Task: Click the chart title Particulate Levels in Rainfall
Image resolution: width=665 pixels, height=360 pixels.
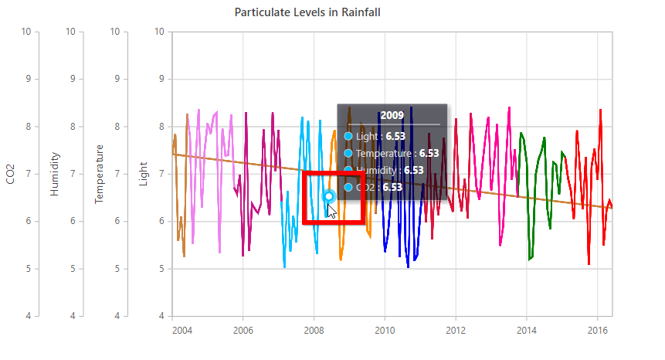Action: pos(307,12)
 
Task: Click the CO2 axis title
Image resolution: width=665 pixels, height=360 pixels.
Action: pos(10,174)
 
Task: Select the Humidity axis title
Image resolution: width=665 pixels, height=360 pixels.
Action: pos(55,174)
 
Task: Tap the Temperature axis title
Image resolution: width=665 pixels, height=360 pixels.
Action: pos(100,174)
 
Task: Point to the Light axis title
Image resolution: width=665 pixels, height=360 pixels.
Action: pos(144,174)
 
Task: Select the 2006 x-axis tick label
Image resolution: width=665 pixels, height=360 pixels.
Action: pos(243,330)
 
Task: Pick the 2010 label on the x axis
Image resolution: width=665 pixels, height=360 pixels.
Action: pos(385,330)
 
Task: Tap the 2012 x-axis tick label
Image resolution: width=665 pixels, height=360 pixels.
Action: pos(456,330)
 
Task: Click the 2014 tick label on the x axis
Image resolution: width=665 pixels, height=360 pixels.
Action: pos(527,330)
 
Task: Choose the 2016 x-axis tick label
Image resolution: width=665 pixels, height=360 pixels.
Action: pos(597,330)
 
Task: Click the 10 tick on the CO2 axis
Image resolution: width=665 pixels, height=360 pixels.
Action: pos(27,32)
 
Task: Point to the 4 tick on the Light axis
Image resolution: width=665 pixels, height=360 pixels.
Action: pos(160,316)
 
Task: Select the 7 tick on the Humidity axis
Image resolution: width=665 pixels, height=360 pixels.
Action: pos(73,174)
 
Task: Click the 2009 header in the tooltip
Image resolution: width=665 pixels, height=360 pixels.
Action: pos(392,115)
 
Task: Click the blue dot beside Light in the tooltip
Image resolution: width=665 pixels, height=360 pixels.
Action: pos(348,136)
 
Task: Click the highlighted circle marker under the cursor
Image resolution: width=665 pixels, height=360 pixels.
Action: pos(329,196)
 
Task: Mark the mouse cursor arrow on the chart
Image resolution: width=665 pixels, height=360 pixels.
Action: pos(332,211)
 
